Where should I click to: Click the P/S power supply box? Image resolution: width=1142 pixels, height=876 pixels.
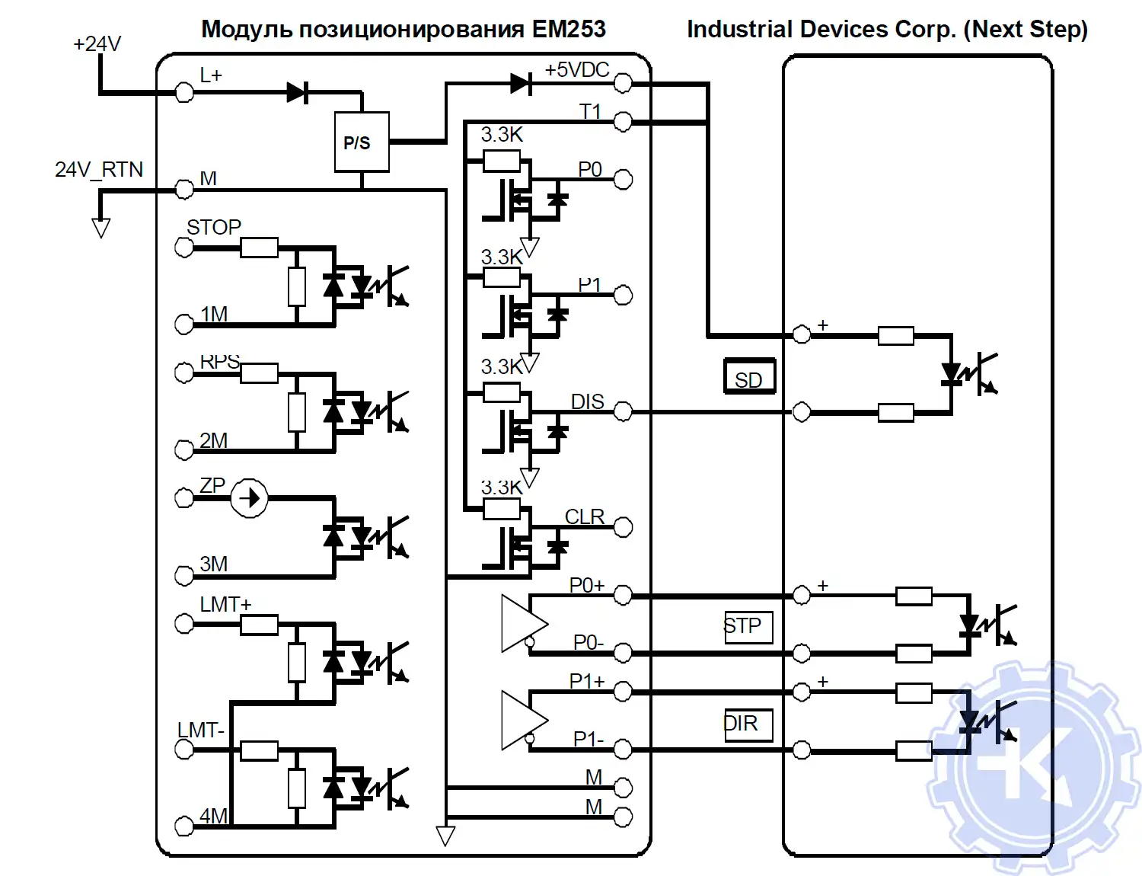pyautogui.click(x=362, y=142)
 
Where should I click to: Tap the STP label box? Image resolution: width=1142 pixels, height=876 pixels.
pyautogui.click(x=748, y=627)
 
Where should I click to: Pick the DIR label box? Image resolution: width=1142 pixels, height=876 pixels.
pyautogui.click(x=748, y=724)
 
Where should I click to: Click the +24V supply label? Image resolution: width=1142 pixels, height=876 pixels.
pyautogui.click(x=97, y=44)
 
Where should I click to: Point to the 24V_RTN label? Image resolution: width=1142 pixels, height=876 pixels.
pyautogui.click(x=99, y=169)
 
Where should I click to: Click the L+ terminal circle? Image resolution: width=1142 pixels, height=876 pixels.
pyautogui.click(x=184, y=93)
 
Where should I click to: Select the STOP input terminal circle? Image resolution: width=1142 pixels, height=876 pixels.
pyautogui.click(x=184, y=248)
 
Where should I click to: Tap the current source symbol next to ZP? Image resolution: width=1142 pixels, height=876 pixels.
pyautogui.click(x=249, y=498)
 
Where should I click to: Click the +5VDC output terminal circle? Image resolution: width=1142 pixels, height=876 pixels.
pyautogui.click(x=623, y=83)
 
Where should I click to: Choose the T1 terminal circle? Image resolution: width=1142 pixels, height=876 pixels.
pyautogui.click(x=623, y=122)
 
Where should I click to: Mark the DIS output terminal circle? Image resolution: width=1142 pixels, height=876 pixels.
pyautogui.click(x=623, y=412)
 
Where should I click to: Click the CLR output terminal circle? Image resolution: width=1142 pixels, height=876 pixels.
pyautogui.click(x=623, y=527)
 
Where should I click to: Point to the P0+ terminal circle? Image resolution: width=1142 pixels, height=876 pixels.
pyautogui.click(x=623, y=596)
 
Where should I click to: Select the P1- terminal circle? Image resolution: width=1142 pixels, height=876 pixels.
pyautogui.click(x=623, y=750)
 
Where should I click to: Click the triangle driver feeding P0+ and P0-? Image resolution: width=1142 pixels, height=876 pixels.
pyautogui.click(x=522, y=624)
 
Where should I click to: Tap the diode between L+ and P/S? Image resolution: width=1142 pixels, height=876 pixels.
pyautogui.click(x=297, y=93)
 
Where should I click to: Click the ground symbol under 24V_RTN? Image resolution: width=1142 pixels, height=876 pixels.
pyautogui.click(x=100, y=228)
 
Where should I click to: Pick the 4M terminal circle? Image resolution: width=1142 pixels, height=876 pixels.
pyautogui.click(x=184, y=826)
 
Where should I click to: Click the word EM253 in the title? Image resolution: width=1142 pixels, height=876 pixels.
pyautogui.click(x=569, y=30)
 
